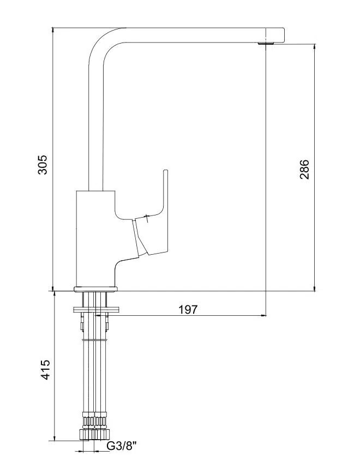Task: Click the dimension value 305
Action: pyautogui.click(x=43, y=165)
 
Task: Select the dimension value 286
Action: pyautogui.click(x=304, y=169)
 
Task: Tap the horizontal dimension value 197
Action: pyautogui.click(x=188, y=310)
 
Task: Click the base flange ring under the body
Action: pyautogui.click(x=95, y=289)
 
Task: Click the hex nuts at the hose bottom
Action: pyautogui.click(x=94, y=434)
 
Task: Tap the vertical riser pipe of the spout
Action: pyautogui.click(x=95, y=125)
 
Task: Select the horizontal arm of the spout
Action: pyautogui.click(x=196, y=35)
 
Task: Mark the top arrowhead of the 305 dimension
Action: pyautogui.click(x=52, y=31)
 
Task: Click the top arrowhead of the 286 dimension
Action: pyautogui.click(x=314, y=47)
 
